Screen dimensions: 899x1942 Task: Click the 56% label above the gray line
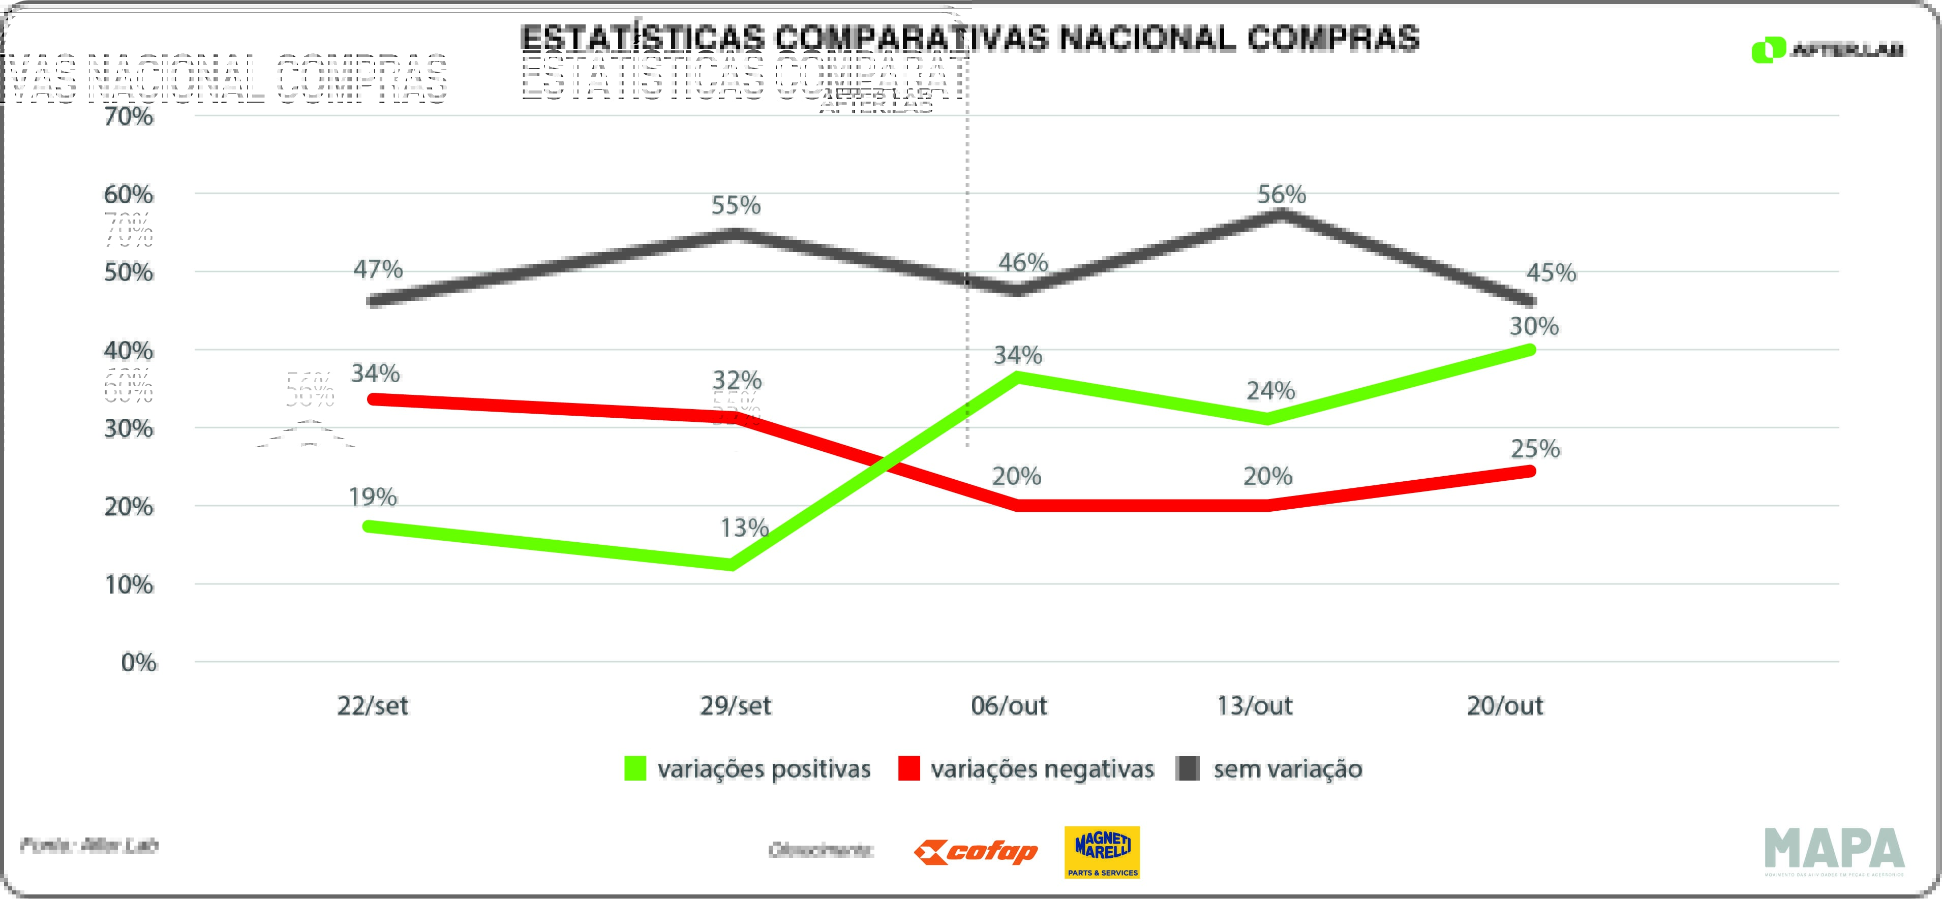point(1281,195)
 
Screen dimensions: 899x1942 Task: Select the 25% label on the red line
point(1535,449)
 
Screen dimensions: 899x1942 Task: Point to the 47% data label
point(378,269)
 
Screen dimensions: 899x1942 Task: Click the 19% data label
point(373,498)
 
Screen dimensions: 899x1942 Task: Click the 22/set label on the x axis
point(373,706)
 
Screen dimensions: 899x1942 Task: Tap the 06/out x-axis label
point(1009,706)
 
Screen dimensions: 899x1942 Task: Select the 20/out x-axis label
point(1505,706)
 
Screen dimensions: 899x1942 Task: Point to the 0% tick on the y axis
point(139,662)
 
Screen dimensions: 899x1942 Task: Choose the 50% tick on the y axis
point(129,272)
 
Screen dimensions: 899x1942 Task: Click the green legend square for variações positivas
point(635,768)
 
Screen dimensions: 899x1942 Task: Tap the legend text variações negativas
point(1042,768)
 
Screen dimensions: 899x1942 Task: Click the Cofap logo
point(976,852)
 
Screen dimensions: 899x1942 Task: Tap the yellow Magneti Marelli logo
point(1102,852)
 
